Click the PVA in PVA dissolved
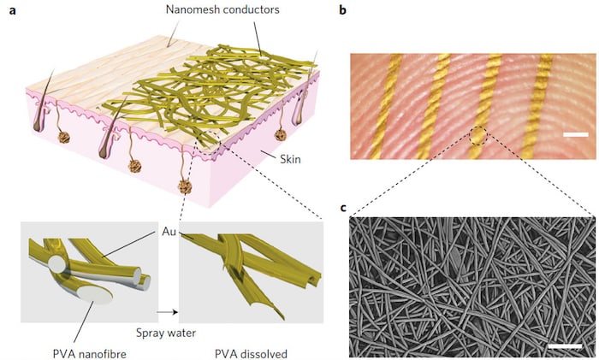click(x=218, y=351)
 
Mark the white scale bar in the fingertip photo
click(x=576, y=134)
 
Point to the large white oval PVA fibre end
click(x=98, y=293)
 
